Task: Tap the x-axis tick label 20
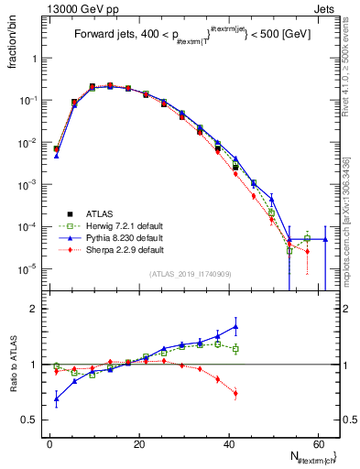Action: tap(138, 443)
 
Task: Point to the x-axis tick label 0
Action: tap(49, 443)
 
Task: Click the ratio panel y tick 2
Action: tap(38, 309)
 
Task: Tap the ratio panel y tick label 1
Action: tap(38, 365)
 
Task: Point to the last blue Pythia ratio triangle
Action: tap(236, 326)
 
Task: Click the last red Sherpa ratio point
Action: tap(236, 394)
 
